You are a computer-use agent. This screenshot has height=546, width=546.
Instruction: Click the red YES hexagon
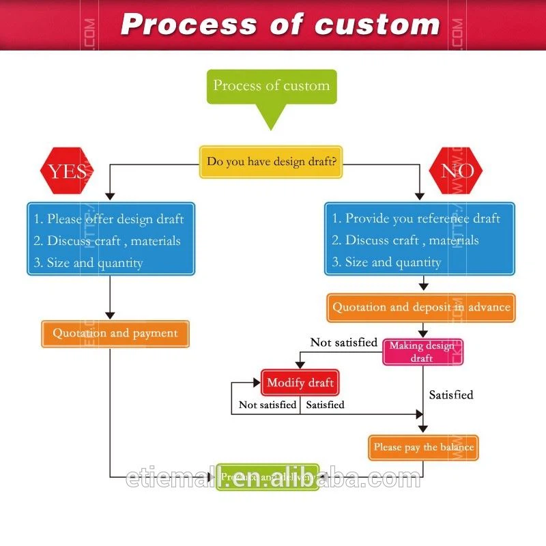pyautogui.click(x=67, y=171)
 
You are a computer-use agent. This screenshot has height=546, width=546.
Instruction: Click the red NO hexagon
pyautogui.click(x=456, y=171)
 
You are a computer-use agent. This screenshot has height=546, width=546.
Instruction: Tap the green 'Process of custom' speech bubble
pyautogui.click(x=271, y=87)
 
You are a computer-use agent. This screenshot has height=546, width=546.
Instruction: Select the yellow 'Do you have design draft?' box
pyautogui.click(x=271, y=162)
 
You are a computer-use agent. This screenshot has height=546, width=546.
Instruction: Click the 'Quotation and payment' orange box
pyautogui.click(x=115, y=334)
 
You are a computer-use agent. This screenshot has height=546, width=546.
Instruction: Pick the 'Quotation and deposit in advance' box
pyautogui.click(x=421, y=308)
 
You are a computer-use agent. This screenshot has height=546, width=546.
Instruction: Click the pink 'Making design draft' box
pyautogui.click(x=422, y=351)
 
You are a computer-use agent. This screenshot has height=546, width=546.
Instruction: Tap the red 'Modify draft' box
pyautogui.click(x=300, y=383)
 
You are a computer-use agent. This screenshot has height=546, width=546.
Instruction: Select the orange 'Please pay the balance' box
pyautogui.click(x=423, y=448)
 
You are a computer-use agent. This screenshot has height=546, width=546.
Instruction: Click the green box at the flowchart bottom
pyautogui.click(x=268, y=477)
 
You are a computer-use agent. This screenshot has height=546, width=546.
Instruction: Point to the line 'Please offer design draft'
pyautogui.click(x=109, y=219)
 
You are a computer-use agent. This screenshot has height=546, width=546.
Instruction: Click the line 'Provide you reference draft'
pyautogui.click(x=416, y=219)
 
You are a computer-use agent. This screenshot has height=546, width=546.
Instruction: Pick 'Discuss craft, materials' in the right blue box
pyautogui.click(x=405, y=240)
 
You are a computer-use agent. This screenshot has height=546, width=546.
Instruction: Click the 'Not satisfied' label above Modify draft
pyautogui.click(x=344, y=343)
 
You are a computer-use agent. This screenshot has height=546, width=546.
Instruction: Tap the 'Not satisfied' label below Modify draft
pyautogui.click(x=268, y=405)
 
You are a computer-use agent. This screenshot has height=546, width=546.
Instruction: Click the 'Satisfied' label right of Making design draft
pyautogui.click(x=450, y=395)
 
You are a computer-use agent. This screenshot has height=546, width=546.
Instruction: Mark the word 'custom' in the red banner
pyautogui.click(x=377, y=25)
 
